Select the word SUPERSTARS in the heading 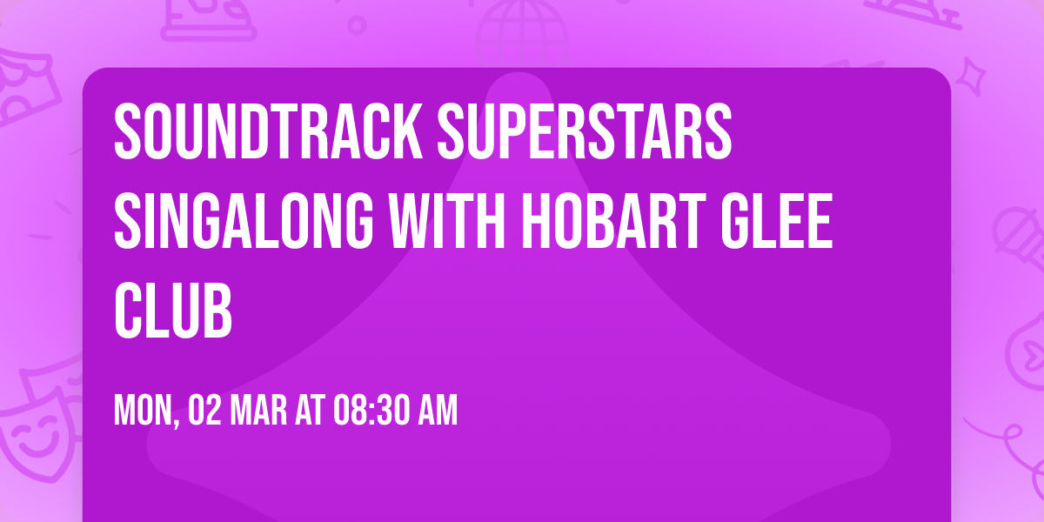pyautogui.click(x=584, y=132)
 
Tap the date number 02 pyautogui.click(x=204, y=411)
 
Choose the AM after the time pyautogui.click(x=437, y=411)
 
